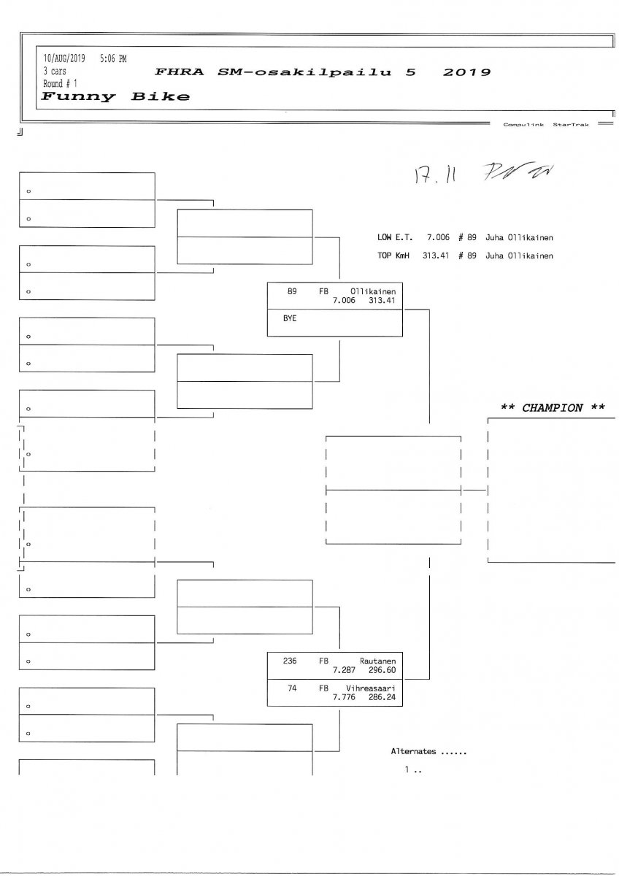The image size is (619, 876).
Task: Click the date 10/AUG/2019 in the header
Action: point(65,59)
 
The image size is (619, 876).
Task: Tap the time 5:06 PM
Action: point(112,59)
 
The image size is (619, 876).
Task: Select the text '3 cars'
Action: point(55,72)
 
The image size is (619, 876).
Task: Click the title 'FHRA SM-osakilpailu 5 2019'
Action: point(323,72)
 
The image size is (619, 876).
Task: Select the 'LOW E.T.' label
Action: point(395,237)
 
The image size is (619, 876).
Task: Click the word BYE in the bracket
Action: point(289,319)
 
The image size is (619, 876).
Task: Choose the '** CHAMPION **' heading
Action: point(553,408)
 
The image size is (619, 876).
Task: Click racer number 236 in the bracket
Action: point(289,660)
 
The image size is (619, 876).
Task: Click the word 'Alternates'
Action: point(413,751)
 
